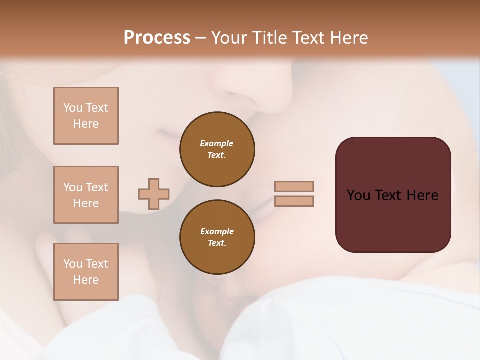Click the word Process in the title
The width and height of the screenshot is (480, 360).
point(157,38)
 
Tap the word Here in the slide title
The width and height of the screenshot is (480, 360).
point(348,38)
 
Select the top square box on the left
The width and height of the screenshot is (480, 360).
point(86,116)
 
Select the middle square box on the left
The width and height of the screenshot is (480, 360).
point(86,195)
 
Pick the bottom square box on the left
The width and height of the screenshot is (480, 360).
point(86,272)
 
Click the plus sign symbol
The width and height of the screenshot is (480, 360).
point(154,194)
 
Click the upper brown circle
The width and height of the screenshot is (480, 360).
point(217,149)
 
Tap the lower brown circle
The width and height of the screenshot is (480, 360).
point(217,237)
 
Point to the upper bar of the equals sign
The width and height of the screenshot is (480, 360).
point(294,187)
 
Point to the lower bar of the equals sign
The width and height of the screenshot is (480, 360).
point(294,201)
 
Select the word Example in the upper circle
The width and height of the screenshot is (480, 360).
point(217,143)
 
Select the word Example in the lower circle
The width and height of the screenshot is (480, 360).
point(217,231)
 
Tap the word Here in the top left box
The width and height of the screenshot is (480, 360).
point(86,124)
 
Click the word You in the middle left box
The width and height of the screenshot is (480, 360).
point(72,187)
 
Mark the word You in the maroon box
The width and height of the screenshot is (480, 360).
point(359,195)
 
